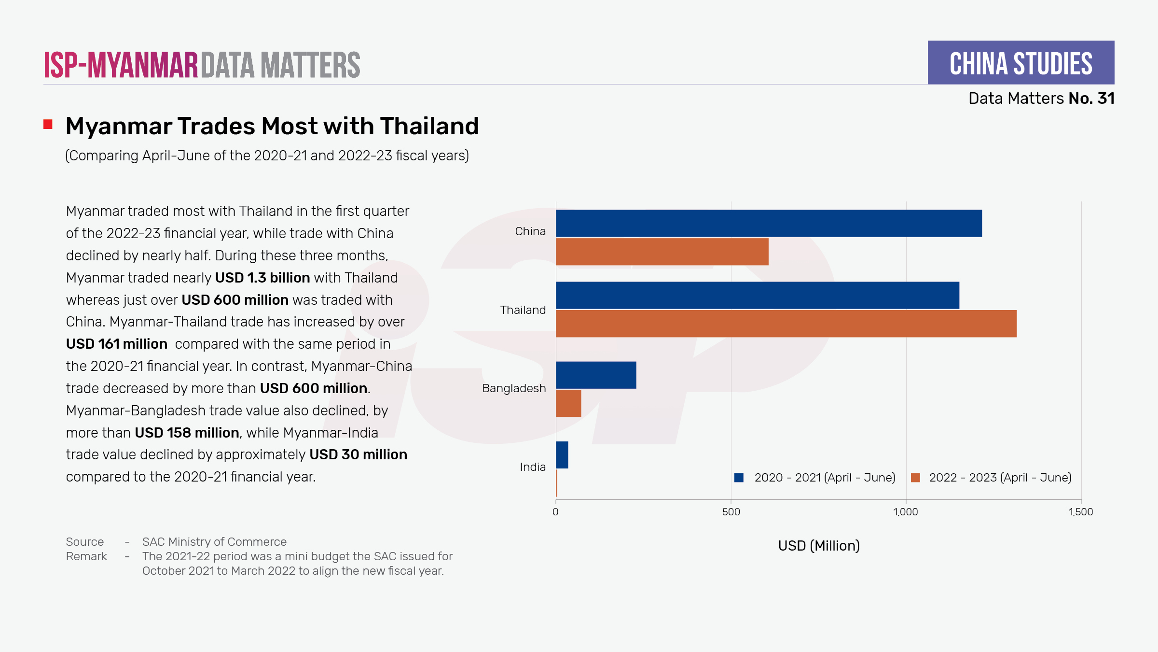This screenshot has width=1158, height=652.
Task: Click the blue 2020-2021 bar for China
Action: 769,223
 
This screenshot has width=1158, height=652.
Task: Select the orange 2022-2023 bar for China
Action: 662,252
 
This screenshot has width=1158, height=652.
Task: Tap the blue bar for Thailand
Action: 758,295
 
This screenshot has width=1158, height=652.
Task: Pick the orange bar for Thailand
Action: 786,324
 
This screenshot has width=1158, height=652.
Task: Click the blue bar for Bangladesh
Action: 596,375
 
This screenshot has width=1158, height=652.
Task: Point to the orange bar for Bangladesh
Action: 568,403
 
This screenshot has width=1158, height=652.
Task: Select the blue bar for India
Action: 562,455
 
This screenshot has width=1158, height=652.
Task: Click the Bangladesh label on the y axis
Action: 514,388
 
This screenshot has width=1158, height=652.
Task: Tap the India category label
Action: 533,467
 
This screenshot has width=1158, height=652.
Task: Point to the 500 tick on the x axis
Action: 731,512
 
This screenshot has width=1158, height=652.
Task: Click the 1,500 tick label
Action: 1081,512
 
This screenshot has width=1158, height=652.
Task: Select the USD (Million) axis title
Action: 819,546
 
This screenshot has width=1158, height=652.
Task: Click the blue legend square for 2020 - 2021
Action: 739,478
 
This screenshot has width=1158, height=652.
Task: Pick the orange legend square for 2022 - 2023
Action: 915,478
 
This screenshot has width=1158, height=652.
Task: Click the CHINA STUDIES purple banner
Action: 1021,63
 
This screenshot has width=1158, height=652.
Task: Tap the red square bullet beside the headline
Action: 48,125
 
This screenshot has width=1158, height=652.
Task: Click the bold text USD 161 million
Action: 117,344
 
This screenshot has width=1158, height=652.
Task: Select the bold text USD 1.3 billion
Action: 262,278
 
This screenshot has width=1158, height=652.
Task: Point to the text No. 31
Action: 1091,99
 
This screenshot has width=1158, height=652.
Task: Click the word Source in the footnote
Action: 85,542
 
